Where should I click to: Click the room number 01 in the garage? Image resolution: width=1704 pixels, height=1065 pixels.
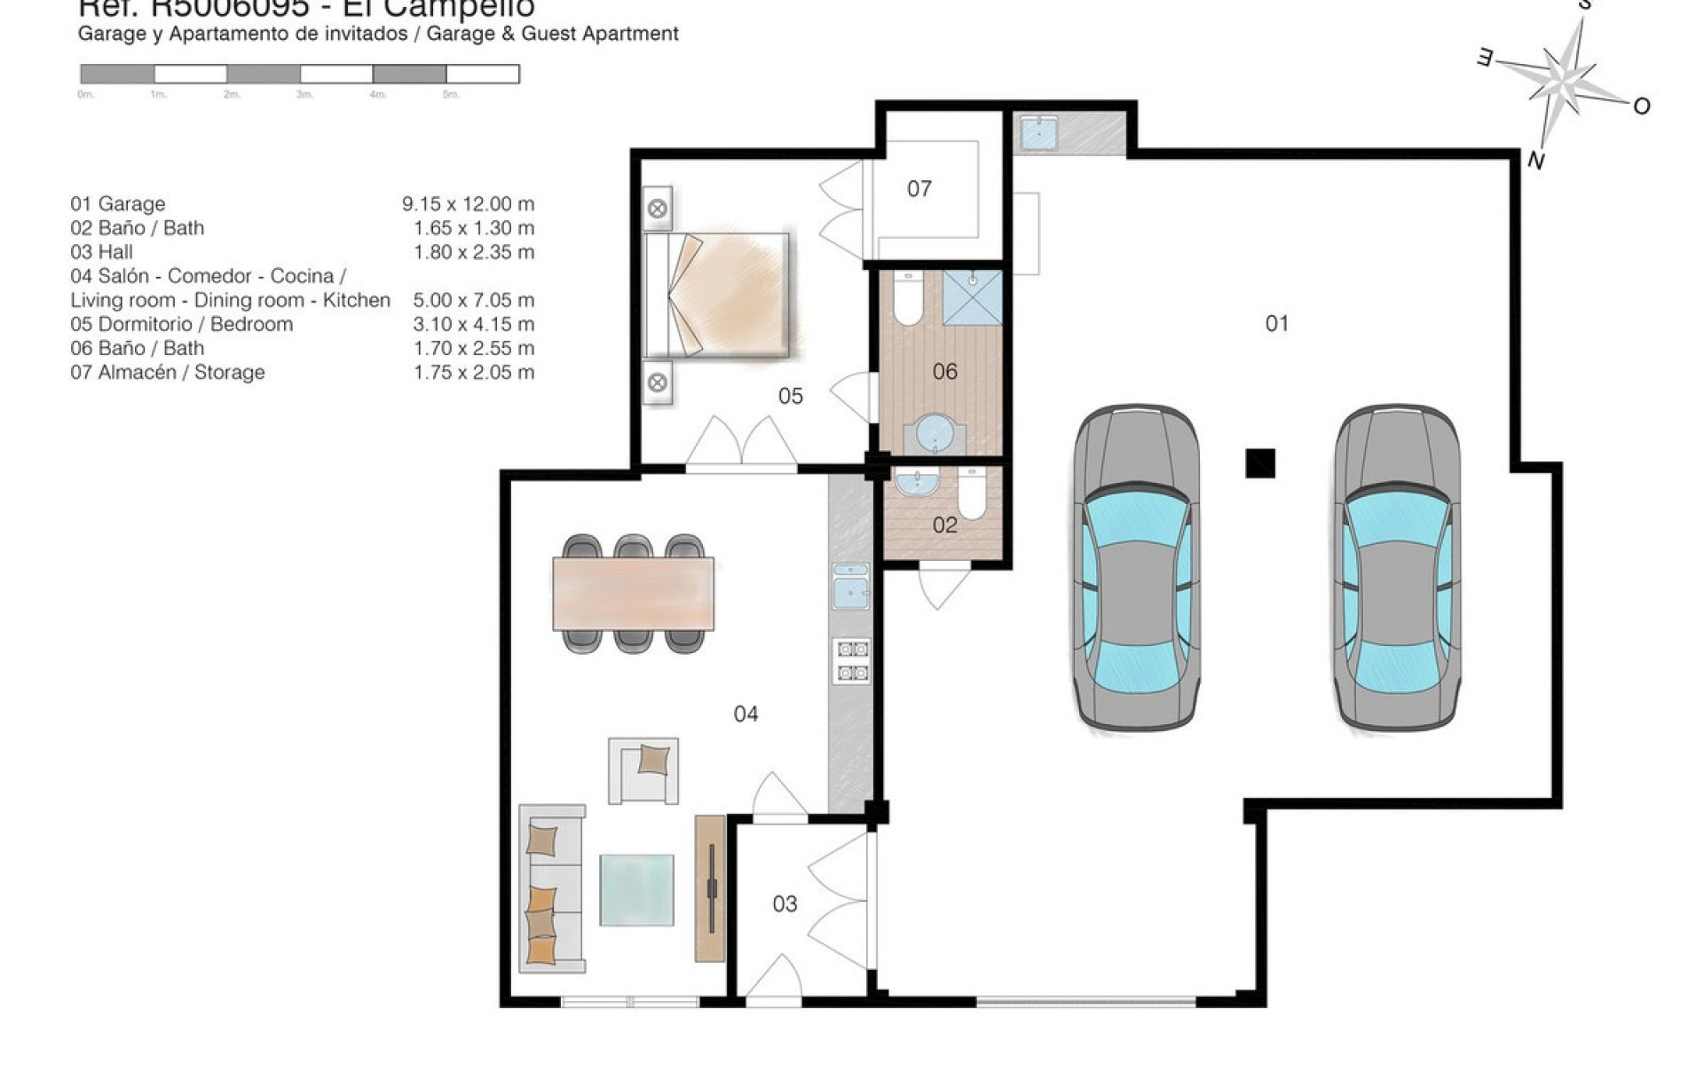pyautogui.click(x=1276, y=324)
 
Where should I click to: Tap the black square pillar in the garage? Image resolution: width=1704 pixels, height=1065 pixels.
pyautogui.click(x=1260, y=463)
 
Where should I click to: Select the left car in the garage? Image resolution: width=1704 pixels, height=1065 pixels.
pyautogui.click(x=1135, y=568)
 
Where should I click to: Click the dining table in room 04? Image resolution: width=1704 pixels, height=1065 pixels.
pyautogui.click(x=633, y=593)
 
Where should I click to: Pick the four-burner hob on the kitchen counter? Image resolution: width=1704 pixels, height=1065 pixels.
pyautogui.click(x=851, y=660)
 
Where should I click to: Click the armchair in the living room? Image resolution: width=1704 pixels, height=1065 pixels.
pyautogui.click(x=643, y=770)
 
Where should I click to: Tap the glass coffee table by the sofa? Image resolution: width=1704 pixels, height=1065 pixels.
pyautogui.click(x=636, y=889)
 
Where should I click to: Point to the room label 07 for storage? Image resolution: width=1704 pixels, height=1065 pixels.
pyautogui.click(x=919, y=189)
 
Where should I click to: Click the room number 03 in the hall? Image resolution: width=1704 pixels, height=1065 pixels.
pyautogui.click(x=785, y=904)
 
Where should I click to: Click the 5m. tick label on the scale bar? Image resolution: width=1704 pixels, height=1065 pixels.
pyautogui.click(x=451, y=95)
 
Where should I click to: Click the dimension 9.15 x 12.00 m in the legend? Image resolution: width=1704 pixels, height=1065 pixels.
pyautogui.click(x=468, y=204)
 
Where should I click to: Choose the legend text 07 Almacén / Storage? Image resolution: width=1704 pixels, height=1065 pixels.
pyautogui.click(x=168, y=373)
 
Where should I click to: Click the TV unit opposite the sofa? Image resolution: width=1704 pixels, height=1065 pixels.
pyautogui.click(x=710, y=887)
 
